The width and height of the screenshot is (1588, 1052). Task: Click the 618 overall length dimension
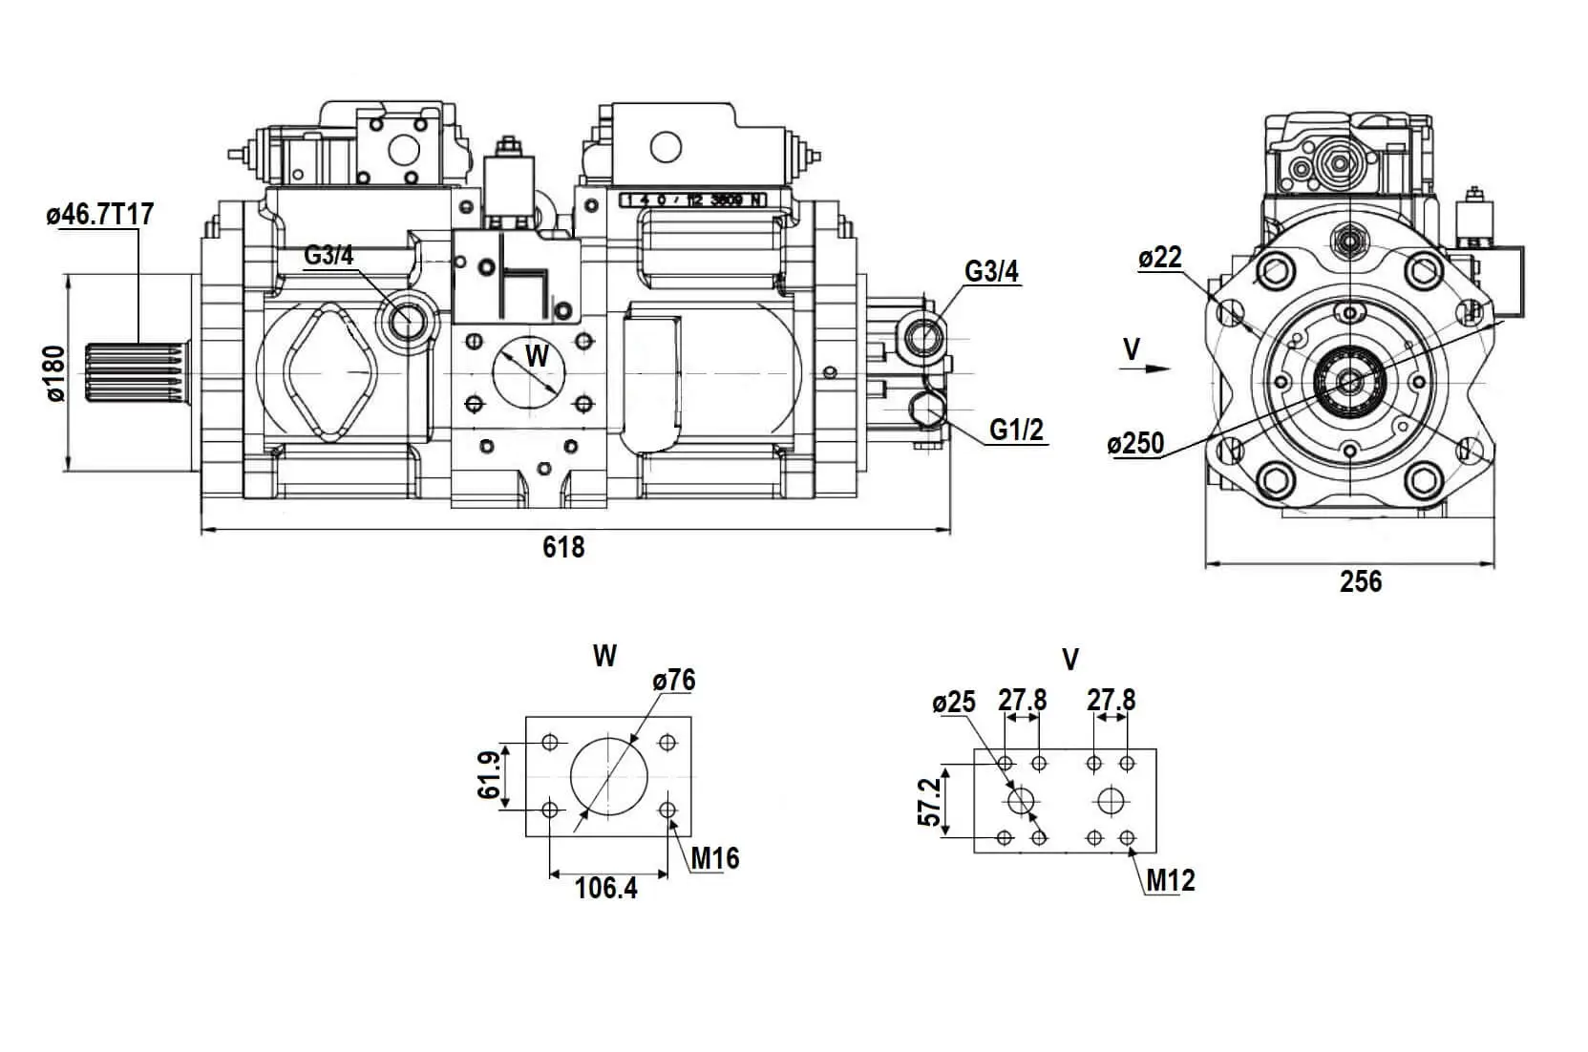click(563, 547)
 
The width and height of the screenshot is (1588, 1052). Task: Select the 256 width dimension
click(1360, 581)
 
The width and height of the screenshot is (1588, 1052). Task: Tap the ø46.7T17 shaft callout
click(100, 214)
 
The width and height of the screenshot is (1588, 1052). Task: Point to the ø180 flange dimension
click(55, 374)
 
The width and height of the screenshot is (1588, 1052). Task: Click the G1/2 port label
click(1016, 431)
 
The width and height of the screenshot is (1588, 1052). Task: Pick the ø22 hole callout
click(1160, 258)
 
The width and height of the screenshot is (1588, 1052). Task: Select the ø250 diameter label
click(1135, 444)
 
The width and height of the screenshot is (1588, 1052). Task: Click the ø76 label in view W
click(674, 681)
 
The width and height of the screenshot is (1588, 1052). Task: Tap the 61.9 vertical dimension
click(489, 776)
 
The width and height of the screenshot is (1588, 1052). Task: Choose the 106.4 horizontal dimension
click(606, 889)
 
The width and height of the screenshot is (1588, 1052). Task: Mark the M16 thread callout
click(715, 858)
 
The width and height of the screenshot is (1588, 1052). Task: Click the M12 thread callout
click(1171, 880)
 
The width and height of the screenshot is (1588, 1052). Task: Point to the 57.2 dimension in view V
click(928, 801)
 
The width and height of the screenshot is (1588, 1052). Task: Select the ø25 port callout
click(955, 704)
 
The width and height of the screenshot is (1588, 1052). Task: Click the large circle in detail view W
click(608, 775)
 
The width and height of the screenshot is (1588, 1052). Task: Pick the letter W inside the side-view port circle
click(538, 356)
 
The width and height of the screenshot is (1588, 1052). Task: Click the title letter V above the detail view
click(1070, 660)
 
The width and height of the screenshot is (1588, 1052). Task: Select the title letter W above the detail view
click(604, 656)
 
